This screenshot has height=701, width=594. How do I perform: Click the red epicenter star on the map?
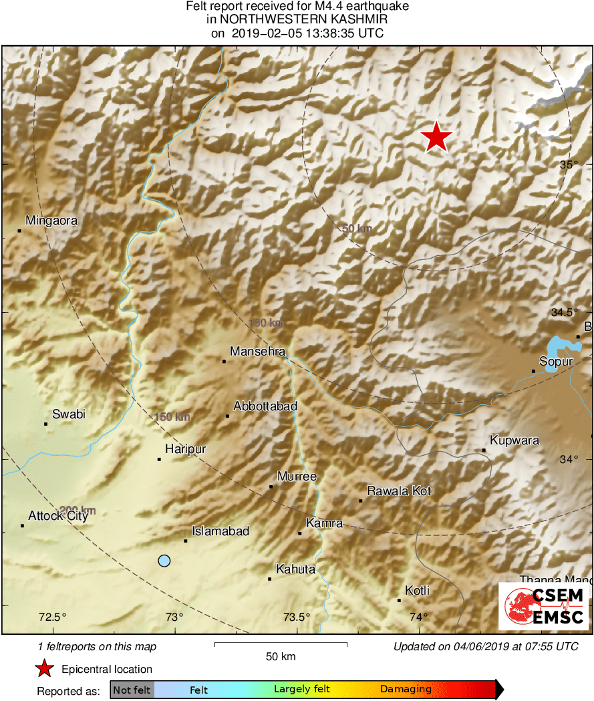click(x=436, y=137)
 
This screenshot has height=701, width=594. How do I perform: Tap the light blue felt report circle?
click(x=164, y=561)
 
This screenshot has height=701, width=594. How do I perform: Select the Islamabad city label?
click(x=220, y=531)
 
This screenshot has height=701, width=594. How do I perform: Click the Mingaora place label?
click(x=51, y=221)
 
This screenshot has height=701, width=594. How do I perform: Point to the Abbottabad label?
click(x=265, y=406)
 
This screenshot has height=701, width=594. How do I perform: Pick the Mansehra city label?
click(x=258, y=352)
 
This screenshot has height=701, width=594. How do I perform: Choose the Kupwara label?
click(x=514, y=440)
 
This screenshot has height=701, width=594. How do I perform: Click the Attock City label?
click(x=58, y=516)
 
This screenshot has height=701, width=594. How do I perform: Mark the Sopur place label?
click(x=556, y=362)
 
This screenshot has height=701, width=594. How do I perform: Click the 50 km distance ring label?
click(x=357, y=229)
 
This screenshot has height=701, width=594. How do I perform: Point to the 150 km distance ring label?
click(x=172, y=417)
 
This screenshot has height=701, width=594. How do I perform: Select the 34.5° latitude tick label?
click(x=565, y=312)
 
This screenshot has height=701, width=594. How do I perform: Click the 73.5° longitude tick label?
click(x=297, y=617)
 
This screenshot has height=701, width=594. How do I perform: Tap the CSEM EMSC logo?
click(x=543, y=606)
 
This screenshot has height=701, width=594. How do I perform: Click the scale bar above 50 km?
click(x=281, y=644)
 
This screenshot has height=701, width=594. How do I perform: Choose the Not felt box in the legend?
click(x=132, y=690)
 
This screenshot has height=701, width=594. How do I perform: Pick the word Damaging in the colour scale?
click(x=406, y=690)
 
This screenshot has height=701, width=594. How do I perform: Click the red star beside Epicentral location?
click(x=45, y=668)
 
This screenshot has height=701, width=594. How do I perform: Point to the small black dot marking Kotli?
click(x=399, y=600)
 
